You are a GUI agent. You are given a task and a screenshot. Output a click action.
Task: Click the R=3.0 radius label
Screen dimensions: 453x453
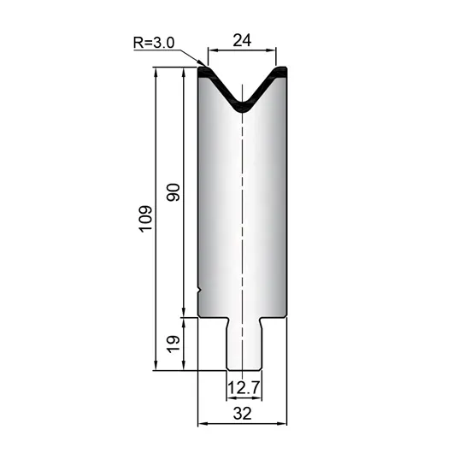pos(154,43)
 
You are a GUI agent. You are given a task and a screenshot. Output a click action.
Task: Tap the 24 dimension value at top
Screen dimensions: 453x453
pos(242,40)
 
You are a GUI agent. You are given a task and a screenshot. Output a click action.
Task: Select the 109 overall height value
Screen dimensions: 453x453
pos(146,219)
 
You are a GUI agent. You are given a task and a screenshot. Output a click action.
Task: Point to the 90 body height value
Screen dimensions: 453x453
pos(174,192)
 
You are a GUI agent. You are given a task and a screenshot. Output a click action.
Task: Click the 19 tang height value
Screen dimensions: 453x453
pos(174,344)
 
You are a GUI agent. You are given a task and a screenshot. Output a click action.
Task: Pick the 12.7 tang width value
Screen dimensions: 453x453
pos(244,388)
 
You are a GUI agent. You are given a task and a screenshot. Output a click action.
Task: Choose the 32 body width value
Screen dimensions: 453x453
pos(243,414)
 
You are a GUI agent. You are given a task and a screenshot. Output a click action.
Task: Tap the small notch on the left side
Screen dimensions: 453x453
pos(199,290)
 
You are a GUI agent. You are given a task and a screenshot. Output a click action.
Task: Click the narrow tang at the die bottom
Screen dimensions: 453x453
pos(244,344)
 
